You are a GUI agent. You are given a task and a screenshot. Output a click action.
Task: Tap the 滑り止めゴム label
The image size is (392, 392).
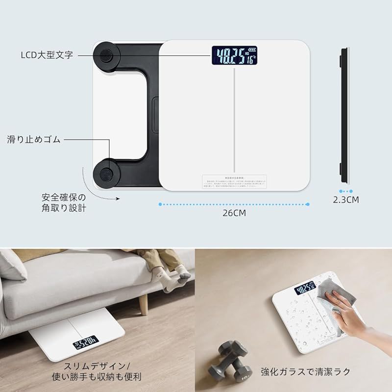tap(34, 140)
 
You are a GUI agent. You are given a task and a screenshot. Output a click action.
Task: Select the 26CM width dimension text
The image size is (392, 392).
tap(234, 213)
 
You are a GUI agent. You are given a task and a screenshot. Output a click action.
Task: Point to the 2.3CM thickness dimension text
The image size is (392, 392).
tap(346, 200)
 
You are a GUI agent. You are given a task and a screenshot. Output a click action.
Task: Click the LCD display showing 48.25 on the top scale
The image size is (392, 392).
tap(235, 56)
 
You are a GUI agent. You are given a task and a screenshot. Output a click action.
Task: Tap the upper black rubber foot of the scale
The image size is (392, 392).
tap(106, 55)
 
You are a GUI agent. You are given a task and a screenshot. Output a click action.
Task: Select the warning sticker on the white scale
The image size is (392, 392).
tap(235, 181)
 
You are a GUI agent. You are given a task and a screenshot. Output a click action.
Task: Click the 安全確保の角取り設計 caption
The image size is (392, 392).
tap(64, 203)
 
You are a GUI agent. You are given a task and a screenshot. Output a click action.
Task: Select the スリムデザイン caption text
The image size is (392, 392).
tap(96, 367)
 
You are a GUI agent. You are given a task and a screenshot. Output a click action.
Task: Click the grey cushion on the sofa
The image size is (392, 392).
tap(12, 265)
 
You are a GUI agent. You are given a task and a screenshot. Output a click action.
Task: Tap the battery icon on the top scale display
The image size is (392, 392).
tap(252, 49)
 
